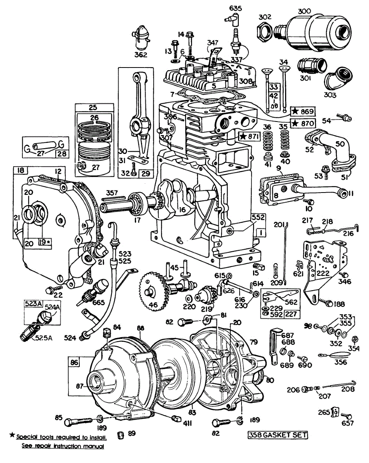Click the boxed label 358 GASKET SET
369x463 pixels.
[278, 435]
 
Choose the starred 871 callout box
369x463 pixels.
[249, 137]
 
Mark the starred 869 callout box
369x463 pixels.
[303, 111]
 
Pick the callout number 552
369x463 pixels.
[259, 217]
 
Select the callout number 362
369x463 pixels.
[141, 55]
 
